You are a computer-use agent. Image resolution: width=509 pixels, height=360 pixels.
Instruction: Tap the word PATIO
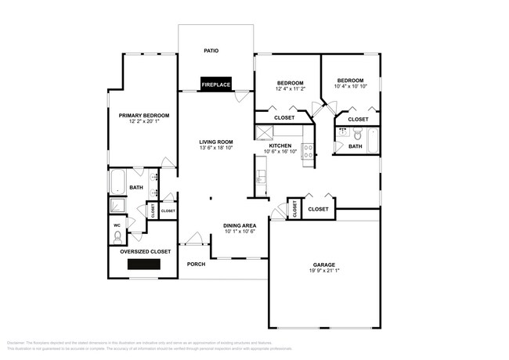coord(211,51)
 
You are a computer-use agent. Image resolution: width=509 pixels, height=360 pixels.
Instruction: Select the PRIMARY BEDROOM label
coord(143,116)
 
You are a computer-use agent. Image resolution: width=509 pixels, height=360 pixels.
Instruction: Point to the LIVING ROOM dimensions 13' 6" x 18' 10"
coord(216,147)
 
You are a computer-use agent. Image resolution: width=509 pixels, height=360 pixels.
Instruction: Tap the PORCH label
coord(196,264)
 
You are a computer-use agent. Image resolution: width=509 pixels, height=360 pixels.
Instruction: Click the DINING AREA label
coord(240,225)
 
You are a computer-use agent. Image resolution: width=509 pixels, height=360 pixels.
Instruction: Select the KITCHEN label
coord(280,146)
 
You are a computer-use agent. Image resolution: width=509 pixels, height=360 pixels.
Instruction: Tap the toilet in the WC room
coord(117,235)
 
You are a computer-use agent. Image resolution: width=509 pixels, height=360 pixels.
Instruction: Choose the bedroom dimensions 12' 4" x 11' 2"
coord(290,89)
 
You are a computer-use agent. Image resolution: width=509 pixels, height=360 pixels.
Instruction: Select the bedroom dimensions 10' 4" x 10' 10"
coord(350,86)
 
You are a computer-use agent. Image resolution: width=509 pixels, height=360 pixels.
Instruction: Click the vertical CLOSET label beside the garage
coord(294,209)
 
